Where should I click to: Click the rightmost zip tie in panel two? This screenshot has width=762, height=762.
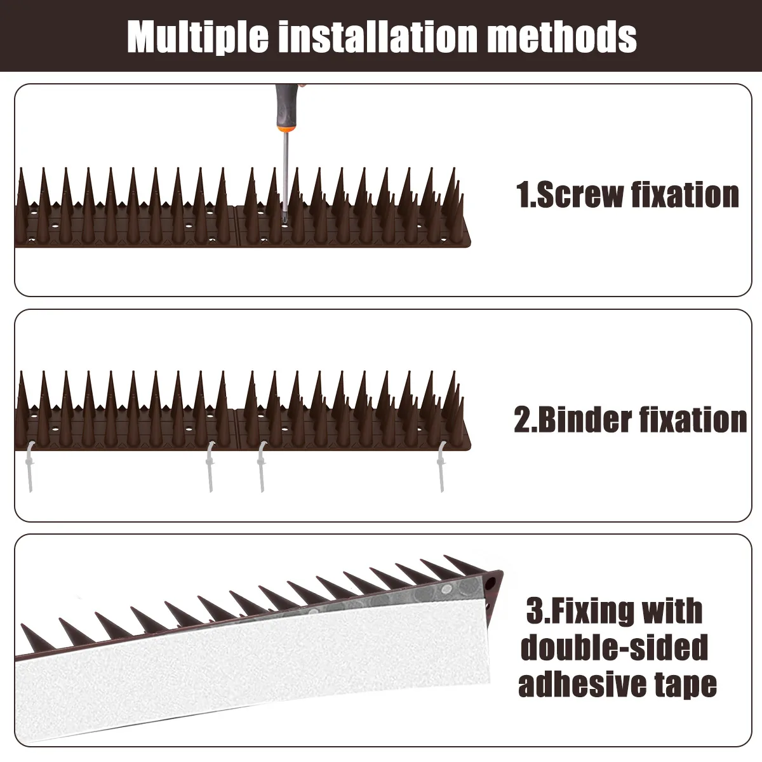click(441, 467)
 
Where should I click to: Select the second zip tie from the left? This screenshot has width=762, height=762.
click(209, 468)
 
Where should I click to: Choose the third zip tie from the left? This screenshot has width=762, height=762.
click(260, 468)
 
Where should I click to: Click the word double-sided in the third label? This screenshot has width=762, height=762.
click(614, 648)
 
